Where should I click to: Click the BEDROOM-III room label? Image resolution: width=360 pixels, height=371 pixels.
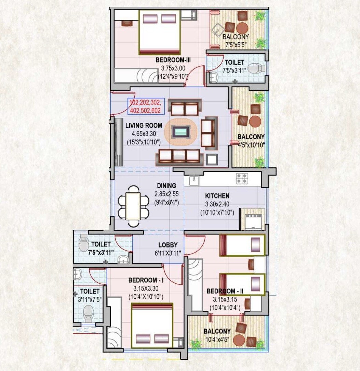click(x=173, y=60)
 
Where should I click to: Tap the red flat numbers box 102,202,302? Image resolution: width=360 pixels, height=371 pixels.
click(x=146, y=106)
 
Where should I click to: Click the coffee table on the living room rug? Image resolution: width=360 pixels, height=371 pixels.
click(x=181, y=132)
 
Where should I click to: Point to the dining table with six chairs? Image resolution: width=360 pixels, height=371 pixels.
click(x=133, y=206)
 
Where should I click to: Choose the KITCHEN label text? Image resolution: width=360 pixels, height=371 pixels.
click(x=217, y=196)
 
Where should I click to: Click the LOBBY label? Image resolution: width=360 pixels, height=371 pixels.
click(x=168, y=245)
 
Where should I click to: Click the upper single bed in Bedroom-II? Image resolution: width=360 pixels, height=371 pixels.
click(x=242, y=245)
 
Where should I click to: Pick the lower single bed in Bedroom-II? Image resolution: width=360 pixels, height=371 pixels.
click(x=242, y=284)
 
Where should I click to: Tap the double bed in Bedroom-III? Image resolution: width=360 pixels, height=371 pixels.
click(x=160, y=32)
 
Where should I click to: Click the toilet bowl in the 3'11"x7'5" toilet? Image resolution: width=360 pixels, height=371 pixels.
click(x=89, y=311)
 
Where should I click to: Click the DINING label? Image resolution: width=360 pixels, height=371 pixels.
click(x=166, y=186)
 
